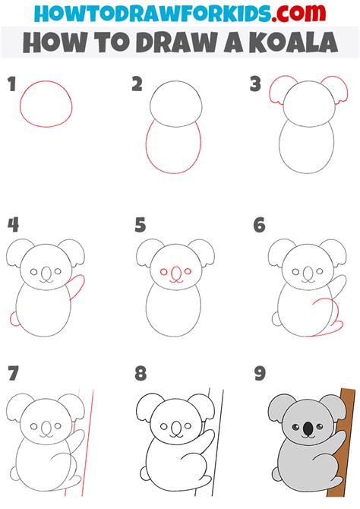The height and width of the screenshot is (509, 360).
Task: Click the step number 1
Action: [x=12, y=84]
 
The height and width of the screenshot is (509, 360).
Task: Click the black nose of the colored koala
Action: [x=307, y=430]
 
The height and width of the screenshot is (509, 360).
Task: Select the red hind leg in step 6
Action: [x=327, y=319]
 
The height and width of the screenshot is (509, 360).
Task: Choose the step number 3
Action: [x=256, y=84]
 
